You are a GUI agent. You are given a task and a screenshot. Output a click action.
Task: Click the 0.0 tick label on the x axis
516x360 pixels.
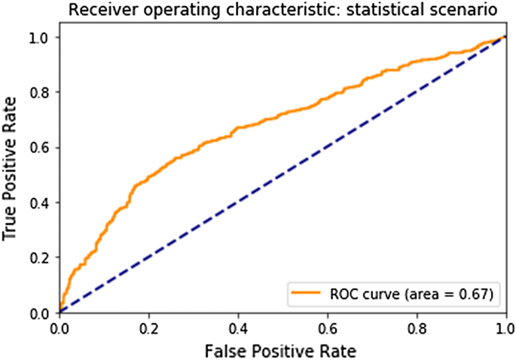(59, 328)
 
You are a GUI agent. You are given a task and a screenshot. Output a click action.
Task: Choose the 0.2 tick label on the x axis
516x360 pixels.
(148, 328)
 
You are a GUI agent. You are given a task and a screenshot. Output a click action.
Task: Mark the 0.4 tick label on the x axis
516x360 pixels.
(237, 328)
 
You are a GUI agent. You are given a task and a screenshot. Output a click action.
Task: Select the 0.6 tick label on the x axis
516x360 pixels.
(327, 328)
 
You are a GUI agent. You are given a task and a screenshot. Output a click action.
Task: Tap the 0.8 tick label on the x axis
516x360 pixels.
(416, 328)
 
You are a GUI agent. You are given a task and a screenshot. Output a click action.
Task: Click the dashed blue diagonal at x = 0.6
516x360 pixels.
(327, 147)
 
